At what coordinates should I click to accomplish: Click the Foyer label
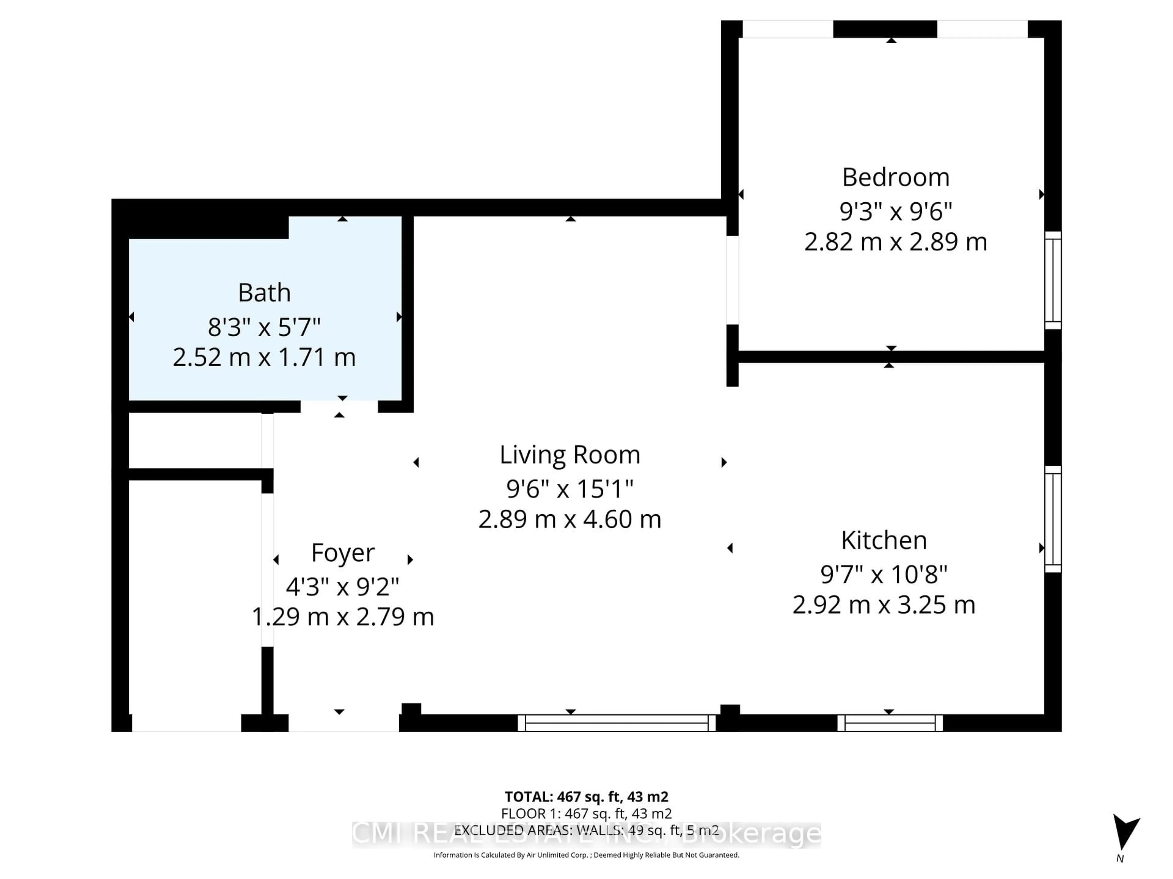coord(342,553)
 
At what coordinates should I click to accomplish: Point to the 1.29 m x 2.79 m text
coord(342,617)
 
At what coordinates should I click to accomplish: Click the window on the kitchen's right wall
coord(1053,519)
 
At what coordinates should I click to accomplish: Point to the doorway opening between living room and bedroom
coord(732,280)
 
